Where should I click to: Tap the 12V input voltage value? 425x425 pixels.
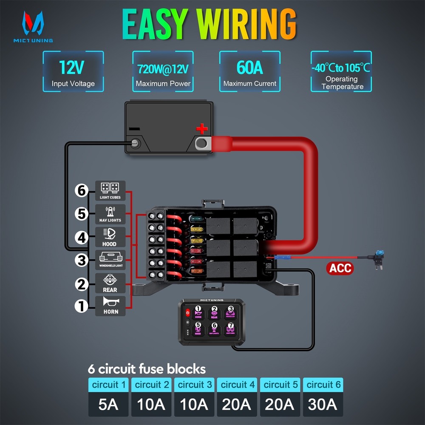[x=73, y=67]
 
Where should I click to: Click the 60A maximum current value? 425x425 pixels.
[x=249, y=67]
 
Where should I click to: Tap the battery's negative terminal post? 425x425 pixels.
[x=136, y=143]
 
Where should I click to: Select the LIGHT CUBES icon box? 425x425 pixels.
[x=110, y=190]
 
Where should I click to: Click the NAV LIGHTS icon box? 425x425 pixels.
[x=110, y=214]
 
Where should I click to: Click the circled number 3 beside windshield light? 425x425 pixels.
[x=82, y=260]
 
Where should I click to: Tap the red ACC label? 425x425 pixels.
[x=340, y=268]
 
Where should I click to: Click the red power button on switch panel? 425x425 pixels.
[x=188, y=313]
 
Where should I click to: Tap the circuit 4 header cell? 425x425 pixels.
[x=237, y=385]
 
